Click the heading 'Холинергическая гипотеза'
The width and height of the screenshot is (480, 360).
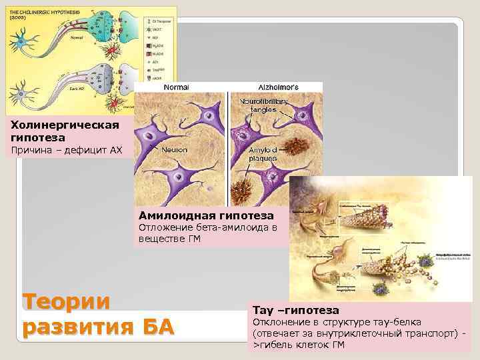pyautogui.click(x=60, y=131)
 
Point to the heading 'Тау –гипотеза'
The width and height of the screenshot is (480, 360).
pyautogui.click(x=295, y=310)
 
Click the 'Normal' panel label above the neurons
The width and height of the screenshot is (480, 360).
pyautogui.click(x=176, y=87)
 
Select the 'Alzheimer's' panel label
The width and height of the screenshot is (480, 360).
pyautogui.click(x=278, y=87)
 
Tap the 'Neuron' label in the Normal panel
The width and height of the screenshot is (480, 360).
pyautogui.click(x=174, y=150)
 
